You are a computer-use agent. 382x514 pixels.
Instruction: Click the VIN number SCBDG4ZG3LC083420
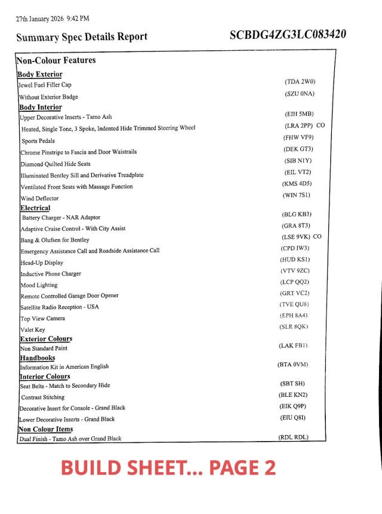point(288,35)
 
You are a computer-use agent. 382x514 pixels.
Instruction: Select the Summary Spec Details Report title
point(82,37)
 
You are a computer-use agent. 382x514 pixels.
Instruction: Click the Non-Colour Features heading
point(56,60)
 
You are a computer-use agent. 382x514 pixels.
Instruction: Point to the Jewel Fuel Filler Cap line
point(45,85)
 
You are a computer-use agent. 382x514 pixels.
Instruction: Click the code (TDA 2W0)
point(300,81)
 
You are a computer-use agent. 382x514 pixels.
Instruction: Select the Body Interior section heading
point(41,108)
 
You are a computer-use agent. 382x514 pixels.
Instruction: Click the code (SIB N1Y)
point(297,161)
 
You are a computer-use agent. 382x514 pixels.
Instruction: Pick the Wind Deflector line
point(39,198)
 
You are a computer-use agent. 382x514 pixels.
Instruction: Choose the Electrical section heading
point(35,208)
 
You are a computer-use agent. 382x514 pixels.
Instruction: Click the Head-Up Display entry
point(42,263)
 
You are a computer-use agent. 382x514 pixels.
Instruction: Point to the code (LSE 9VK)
point(296,237)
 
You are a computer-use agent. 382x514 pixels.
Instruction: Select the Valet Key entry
point(33,329)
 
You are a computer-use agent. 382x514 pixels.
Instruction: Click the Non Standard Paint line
point(44,348)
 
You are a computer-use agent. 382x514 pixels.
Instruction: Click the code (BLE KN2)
point(293,395)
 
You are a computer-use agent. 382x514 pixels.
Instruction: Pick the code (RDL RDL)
point(293,437)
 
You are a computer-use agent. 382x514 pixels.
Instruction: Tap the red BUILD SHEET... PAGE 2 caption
point(168,468)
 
